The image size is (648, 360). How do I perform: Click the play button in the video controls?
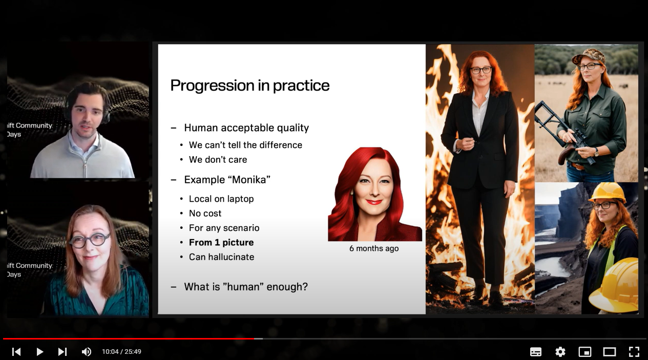coord(40,352)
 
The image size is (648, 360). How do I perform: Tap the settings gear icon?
coord(560,352)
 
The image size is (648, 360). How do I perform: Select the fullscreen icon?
coord(634,352)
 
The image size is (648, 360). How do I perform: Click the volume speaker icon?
coord(86,352)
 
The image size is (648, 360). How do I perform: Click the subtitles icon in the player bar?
coord(536,352)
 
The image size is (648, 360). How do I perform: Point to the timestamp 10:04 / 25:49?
coord(121,352)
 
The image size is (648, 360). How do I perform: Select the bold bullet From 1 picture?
coord(221,242)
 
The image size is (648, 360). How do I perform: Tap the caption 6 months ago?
coord(374,248)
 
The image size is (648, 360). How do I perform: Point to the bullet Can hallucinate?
coord(222,257)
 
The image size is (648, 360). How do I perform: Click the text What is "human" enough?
coord(246,287)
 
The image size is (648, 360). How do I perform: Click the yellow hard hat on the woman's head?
coord(608,192)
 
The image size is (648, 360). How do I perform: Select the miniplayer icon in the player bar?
coord(584,352)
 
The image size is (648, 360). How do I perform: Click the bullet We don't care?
coord(218,160)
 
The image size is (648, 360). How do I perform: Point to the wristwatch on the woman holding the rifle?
coord(596,152)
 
